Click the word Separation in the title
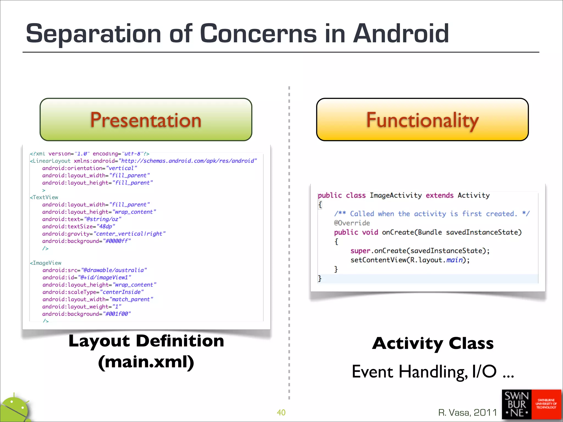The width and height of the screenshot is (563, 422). (93, 34)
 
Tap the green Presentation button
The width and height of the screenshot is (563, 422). (146, 120)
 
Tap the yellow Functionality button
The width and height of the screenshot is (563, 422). (422, 120)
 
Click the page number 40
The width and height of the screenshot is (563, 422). (281, 412)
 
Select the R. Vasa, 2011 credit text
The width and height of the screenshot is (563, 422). (467, 412)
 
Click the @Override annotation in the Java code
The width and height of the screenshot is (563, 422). (352, 223)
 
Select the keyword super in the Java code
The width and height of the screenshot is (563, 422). (360, 251)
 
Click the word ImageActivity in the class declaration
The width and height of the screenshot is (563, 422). (395, 195)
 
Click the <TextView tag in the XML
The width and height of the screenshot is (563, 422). (44, 197)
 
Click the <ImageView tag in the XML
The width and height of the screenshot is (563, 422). (46, 263)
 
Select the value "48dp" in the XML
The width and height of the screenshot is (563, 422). (106, 226)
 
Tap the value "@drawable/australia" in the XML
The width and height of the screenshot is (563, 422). (114, 270)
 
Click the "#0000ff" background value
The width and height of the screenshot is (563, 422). (117, 241)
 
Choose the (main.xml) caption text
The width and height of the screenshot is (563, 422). (146, 362)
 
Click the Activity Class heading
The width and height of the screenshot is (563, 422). (433, 343)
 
